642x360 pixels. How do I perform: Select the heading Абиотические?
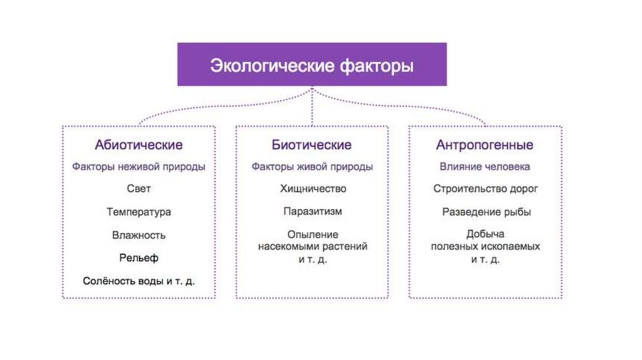pyautogui.click(x=139, y=146)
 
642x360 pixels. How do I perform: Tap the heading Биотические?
pyautogui.click(x=312, y=146)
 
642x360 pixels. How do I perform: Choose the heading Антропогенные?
pyautogui.click(x=485, y=146)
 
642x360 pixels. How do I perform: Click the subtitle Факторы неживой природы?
pyautogui.click(x=139, y=167)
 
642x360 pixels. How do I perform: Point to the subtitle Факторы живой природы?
pyautogui.click(x=312, y=167)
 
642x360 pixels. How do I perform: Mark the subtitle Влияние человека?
pyautogui.click(x=485, y=167)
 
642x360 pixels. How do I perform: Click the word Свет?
pyautogui.click(x=139, y=188)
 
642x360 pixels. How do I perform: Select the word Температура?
pyautogui.click(x=139, y=212)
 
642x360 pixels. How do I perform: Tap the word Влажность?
pyautogui.click(x=139, y=235)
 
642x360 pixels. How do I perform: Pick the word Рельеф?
pyautogui.click(x=139, y=258)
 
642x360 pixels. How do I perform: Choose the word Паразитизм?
pyautogui.click(x=312, y=212)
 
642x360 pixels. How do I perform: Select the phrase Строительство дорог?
pyautogui.click(x=485, y=188)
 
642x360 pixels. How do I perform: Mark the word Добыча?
pyautogui.click(x=485, y=235)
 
